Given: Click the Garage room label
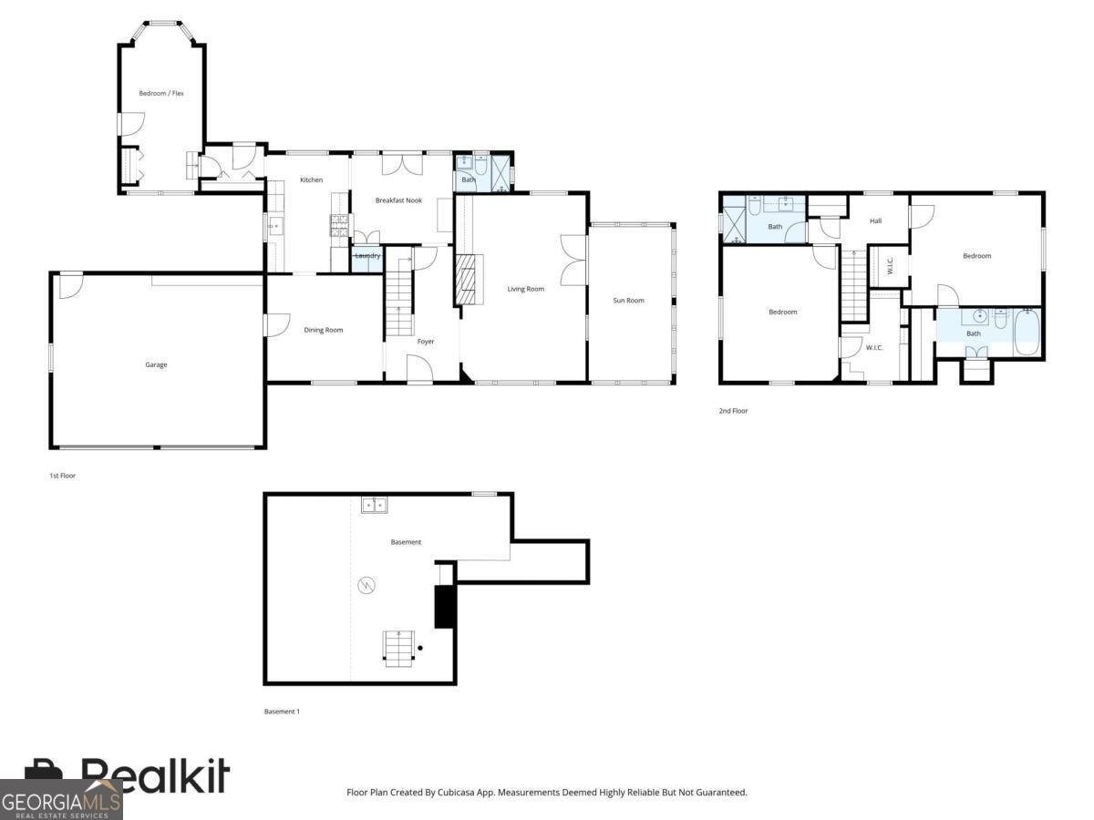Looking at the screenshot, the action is coord(156,364).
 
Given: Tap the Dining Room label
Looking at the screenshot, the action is coord(324,330).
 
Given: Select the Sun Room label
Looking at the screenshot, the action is coord(628,301).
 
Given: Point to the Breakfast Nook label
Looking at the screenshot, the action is coord(398,200).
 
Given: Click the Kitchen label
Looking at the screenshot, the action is coord(312,179).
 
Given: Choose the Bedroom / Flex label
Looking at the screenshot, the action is coord(161,93).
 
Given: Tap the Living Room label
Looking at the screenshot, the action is coord(526,289).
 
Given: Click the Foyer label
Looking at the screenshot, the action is coord(426,341).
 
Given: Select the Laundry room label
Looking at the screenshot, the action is coord(367,255).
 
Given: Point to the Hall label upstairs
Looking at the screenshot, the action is coord(876,220).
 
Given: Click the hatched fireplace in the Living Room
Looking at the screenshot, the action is coord(469,280).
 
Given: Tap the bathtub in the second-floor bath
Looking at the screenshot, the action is coord(1027,332).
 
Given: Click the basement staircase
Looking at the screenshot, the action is coord(398,648).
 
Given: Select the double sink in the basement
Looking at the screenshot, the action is coord(375,506).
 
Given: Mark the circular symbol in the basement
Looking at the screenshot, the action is coord(366,585).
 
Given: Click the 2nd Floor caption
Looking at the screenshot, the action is coord(733,411).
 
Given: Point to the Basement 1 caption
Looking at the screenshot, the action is coord(282,712).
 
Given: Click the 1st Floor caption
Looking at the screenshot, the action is coord(62,476).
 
